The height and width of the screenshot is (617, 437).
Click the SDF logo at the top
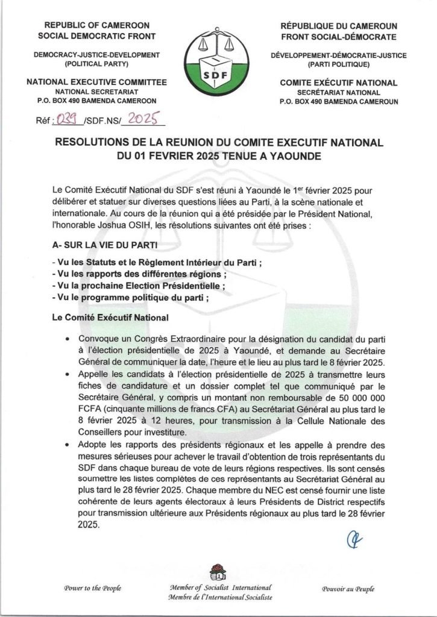pyautogui.click(x=218, y=64)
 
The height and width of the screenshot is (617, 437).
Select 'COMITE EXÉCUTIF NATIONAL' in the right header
pyautogui.click(x=339, y=83)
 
